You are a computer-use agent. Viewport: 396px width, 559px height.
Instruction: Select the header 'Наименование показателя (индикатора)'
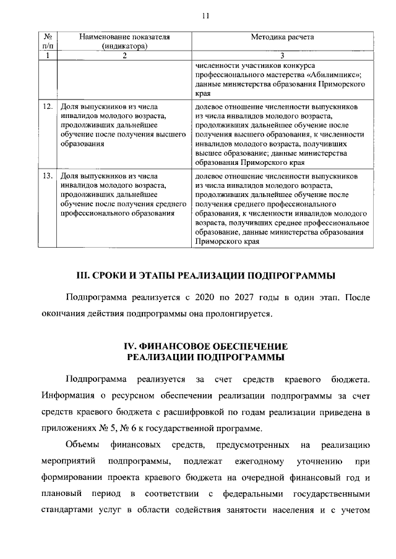click(124, 41)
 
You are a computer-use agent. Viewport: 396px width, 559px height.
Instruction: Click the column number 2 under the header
click(124, 56)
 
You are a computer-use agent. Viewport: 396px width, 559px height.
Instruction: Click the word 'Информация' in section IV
click(66, 395)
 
